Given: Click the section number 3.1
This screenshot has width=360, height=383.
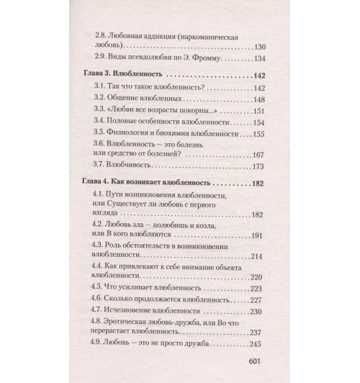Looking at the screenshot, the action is (x=100, y=88).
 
